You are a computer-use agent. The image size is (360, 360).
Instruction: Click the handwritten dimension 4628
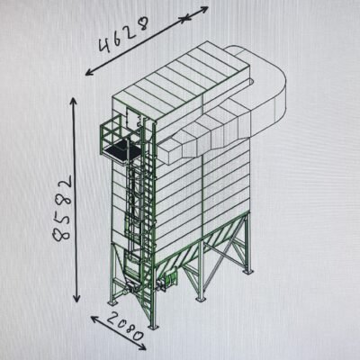coord(123,35)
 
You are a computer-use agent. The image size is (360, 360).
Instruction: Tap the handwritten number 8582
coord(63,209)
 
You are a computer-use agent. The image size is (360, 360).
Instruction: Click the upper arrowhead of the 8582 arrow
coord(74,101)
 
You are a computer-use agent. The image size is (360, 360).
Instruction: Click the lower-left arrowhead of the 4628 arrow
coord(89,73)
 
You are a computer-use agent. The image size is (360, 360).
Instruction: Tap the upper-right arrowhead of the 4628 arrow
coord(204,10)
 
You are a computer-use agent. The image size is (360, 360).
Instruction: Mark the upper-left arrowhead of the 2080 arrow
coord(94,319)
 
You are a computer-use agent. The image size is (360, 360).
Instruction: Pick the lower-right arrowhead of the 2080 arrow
coord(142,347)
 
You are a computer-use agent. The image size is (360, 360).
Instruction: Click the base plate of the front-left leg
coord(112,303)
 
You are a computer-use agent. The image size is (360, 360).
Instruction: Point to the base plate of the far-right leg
coord(247,272)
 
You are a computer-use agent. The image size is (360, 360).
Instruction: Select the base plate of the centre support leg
coord(200,299)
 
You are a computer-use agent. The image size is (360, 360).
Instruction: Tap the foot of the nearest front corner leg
coord(153,327)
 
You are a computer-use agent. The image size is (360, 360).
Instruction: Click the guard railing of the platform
coord(112,135)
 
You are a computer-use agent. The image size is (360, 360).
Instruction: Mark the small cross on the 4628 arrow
coord(184,19)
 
